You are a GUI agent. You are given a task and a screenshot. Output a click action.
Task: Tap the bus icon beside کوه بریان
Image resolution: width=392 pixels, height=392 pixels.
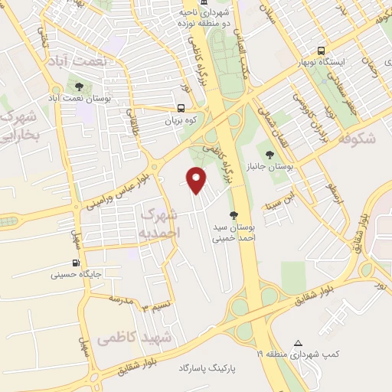(181, 109)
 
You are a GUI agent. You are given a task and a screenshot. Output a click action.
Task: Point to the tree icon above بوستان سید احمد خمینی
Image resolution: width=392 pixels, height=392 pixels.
(233, 215)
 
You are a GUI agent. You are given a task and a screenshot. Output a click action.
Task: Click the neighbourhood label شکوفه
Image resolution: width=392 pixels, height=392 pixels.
(357, 138)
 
